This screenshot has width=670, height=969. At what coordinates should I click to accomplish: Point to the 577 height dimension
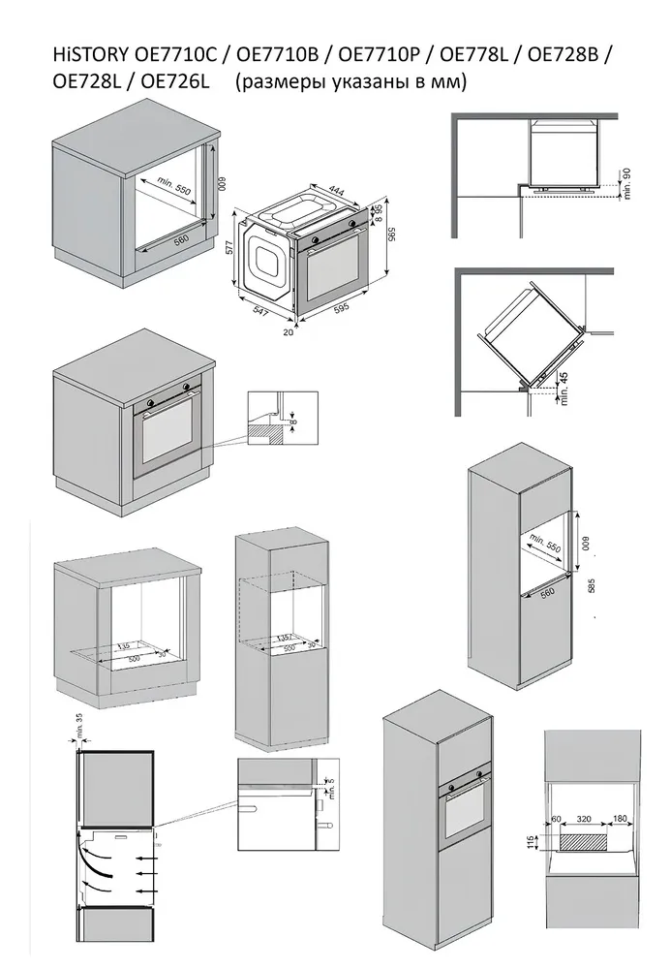click(230, 247)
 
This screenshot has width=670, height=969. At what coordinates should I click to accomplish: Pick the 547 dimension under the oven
click(257, 311)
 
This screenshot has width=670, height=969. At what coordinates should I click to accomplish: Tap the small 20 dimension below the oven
click(289, 330)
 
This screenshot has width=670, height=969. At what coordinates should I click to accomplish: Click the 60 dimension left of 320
click(557, 819)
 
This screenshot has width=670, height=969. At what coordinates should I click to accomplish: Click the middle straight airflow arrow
click(145, 874)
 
